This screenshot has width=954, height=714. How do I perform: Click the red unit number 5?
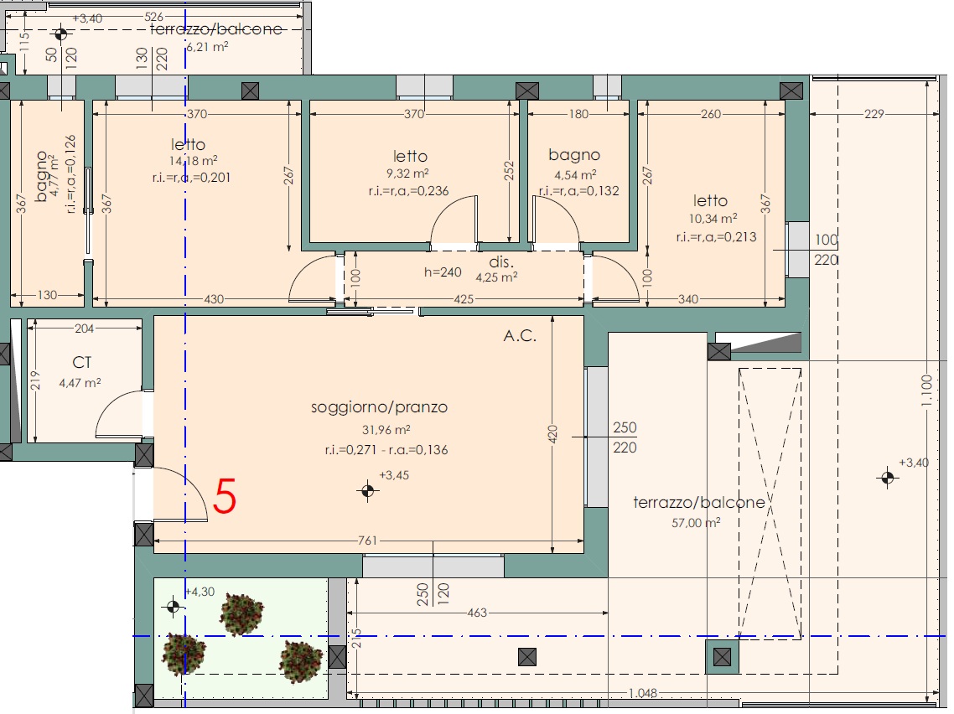pos(225,497)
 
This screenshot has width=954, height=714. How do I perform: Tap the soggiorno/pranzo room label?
pos(379,407)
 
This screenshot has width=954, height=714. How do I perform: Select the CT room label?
pos(82,363)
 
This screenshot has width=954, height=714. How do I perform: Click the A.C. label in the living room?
pos(521,336)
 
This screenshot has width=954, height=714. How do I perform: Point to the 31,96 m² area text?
pos(386,430)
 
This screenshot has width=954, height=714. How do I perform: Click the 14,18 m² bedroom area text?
pos(194,161)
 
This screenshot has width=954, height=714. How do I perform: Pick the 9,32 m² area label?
pos(407,174)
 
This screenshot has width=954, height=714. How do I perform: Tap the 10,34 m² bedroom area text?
pos(713,219)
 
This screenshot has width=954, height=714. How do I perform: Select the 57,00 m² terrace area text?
pos(696,523)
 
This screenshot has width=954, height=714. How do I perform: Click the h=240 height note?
pos(443,272)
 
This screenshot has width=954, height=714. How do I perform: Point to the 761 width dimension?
pos(367,541)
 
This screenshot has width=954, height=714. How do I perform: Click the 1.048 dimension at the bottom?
pos(642,693)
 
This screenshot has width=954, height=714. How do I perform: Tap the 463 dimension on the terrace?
pos(477,613)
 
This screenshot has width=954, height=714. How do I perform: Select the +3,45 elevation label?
pos(394,476)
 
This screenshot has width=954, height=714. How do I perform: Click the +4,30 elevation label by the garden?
pos(200,592)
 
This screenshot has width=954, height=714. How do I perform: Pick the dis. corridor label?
pos(501,262)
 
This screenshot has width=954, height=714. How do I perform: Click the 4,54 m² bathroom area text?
pos(575,176)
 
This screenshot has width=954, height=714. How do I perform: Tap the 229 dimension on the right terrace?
pos(874,114)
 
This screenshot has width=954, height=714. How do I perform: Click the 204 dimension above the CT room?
pos(84,329)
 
